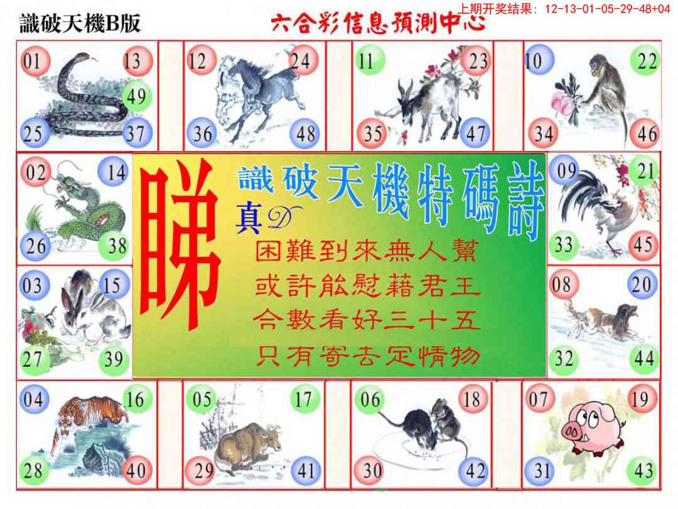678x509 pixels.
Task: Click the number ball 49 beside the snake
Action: click(137, 96)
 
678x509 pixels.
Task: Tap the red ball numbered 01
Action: click(35, 61)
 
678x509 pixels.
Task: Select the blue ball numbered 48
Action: click(304, 133)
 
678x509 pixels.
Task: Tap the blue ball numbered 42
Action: click(475, 471)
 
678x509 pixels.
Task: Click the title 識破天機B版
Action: click(80, 23)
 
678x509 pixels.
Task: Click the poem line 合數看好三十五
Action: click(367, 320)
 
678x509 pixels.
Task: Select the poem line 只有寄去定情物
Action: click(367, 357)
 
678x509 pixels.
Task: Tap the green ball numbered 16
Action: click(137, 399)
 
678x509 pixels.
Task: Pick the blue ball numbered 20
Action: click(642, 285)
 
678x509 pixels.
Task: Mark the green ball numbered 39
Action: click(114, 359)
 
